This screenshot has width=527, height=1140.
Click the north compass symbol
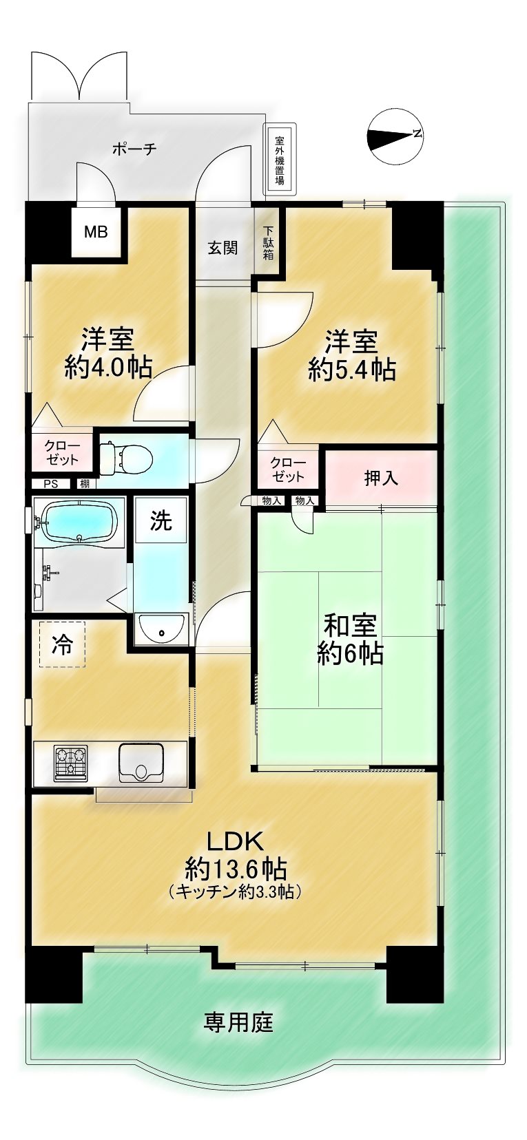(395, 136)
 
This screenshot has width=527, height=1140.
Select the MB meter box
(96, 232)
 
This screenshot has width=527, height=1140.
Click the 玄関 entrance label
(223, 248)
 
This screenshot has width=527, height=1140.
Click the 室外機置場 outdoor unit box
(280, 159)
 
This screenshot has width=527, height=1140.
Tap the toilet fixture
(126, 456)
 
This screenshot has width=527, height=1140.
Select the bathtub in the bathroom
(79, 522)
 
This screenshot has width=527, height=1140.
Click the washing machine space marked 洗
(161, 520)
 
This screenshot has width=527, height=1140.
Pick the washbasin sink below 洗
(162, 629)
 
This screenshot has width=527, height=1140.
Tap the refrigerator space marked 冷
(63, 644)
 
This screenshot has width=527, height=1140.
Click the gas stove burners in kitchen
(71, 763)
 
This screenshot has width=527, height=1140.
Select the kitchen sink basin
(141, 762)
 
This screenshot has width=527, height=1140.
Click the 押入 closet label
(380, 478)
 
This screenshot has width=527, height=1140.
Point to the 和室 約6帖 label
(350, 640)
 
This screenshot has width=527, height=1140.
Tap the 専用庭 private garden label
(239, 1022)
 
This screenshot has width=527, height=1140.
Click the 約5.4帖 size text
(352, 369)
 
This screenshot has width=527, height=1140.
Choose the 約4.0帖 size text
(108, 366)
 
